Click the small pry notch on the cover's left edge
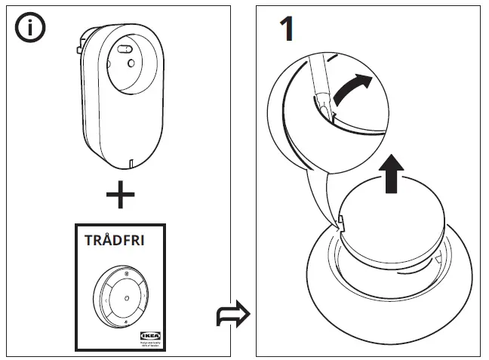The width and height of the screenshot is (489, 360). [340, 223]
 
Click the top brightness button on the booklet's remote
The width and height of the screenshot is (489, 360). [127, 272]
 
